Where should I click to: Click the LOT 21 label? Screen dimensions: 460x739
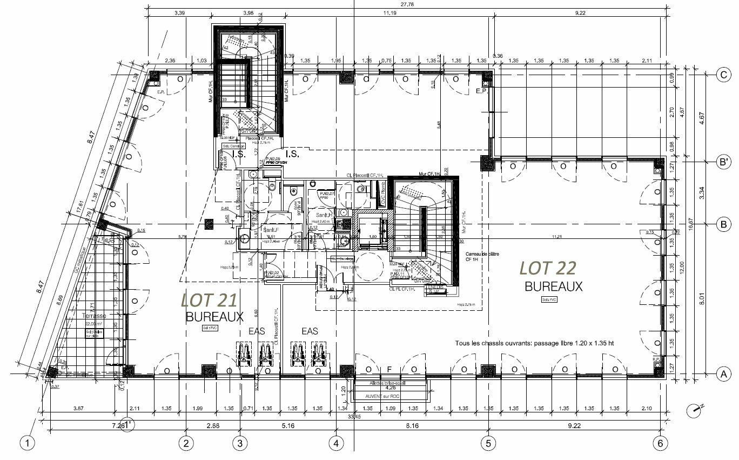click(209, 300)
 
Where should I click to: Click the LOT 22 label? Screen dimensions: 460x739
click(548, 268)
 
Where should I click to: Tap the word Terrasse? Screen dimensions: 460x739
click(94, 315)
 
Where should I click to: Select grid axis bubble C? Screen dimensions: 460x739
click(723, 75)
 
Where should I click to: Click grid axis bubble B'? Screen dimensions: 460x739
click(723, 161)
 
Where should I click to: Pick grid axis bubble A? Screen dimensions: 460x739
click(723, 374)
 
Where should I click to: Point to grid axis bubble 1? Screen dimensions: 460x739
click(28, 443)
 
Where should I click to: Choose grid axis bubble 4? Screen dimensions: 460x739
click(337, 443)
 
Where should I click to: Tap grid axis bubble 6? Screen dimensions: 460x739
click(660, 443)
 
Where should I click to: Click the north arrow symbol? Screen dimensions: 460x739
click(695, 411)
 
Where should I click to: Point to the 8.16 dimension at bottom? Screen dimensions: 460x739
click(412, 426)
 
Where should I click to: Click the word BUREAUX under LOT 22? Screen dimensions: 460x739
click(554, 286)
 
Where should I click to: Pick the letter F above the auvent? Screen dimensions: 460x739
click(389, 369)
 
